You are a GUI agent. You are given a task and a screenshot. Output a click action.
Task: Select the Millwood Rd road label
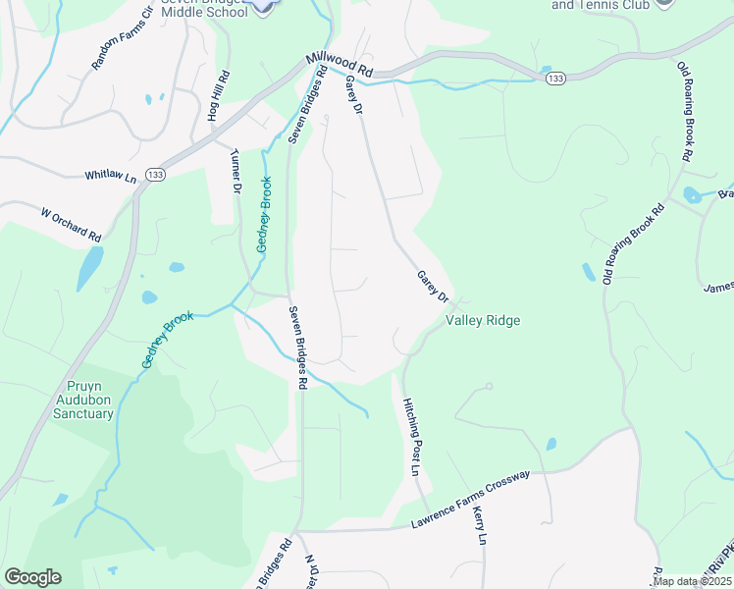341,65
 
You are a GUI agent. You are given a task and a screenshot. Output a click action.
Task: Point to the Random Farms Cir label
117,45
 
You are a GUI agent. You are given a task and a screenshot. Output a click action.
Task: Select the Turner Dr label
235,171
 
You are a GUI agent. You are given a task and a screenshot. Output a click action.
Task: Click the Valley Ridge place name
483,320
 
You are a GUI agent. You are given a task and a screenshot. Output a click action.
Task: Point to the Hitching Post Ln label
413,437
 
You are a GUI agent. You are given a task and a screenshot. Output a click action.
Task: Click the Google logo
32,577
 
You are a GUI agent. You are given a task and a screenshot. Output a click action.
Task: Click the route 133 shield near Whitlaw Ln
155,174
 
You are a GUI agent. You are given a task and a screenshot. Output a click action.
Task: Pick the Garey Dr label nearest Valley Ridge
432,287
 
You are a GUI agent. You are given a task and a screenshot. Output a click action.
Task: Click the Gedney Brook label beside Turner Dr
263,215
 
